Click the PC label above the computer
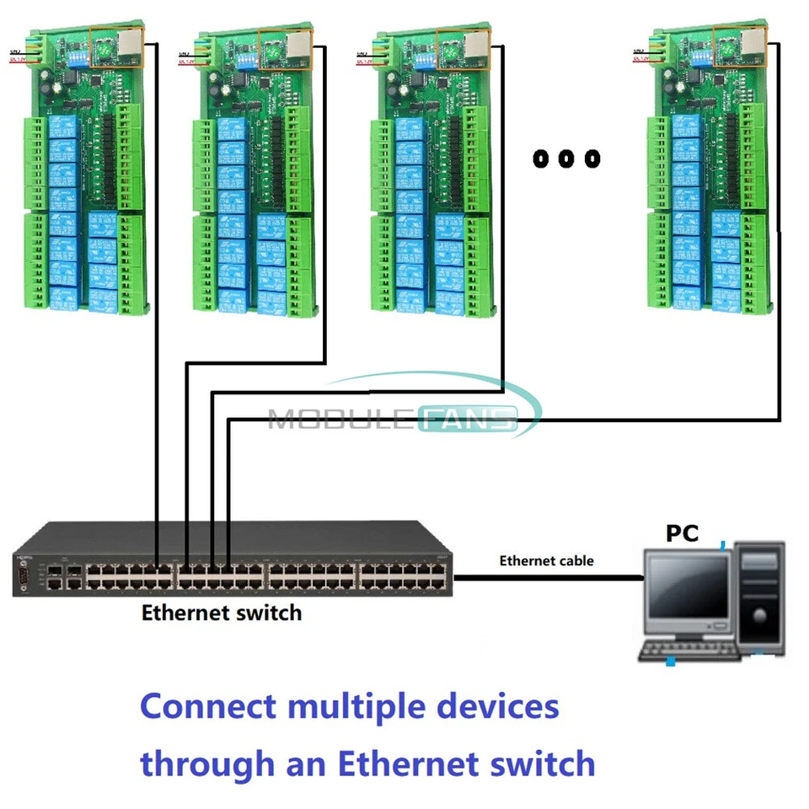pos(683,533)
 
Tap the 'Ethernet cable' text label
pos(546,560)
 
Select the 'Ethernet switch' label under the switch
pos(221,613)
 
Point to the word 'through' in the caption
pos(205,764)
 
